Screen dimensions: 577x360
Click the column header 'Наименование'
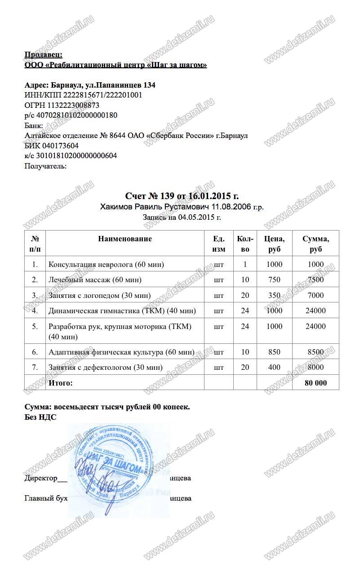click(125, 239)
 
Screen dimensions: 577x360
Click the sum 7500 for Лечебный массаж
click(316, 280)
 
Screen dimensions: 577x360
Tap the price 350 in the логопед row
click(274, 295)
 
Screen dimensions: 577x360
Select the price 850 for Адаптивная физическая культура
click(274, 352)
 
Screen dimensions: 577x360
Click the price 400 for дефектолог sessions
click(274, 367)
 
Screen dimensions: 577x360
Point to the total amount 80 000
click(316, 383)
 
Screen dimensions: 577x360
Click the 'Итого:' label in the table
click(60, 383)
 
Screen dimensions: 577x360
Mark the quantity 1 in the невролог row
click(245, 265)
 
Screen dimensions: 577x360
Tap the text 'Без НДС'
click(40, 417)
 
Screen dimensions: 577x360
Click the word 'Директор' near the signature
click(41, 478)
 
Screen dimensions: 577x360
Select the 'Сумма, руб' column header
click(316, 244)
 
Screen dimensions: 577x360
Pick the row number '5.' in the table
click(35, 327)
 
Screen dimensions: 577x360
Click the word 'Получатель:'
click(45, 166)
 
